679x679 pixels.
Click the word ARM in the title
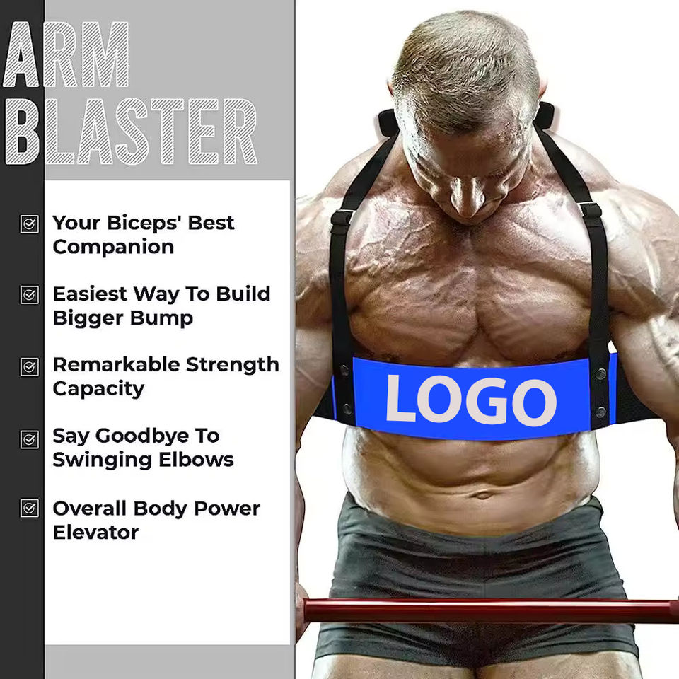click(x=66, y=54)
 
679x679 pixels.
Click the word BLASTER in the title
click(x=132, y=132)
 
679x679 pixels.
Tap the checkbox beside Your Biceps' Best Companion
click(x=30, y=224)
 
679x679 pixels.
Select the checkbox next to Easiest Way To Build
click(x=30, y=295)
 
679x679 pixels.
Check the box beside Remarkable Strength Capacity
click(x=30, y=367)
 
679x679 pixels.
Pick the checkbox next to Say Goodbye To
click(x=30, y=439)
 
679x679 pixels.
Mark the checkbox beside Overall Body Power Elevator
click(x=30, y=508)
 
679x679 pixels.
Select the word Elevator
click(x=95, y=532)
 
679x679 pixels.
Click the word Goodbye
click(x=142, y=436)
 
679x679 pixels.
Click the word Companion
click(x=113, y=248)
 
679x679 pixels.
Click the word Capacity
click(x=98, y=390)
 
